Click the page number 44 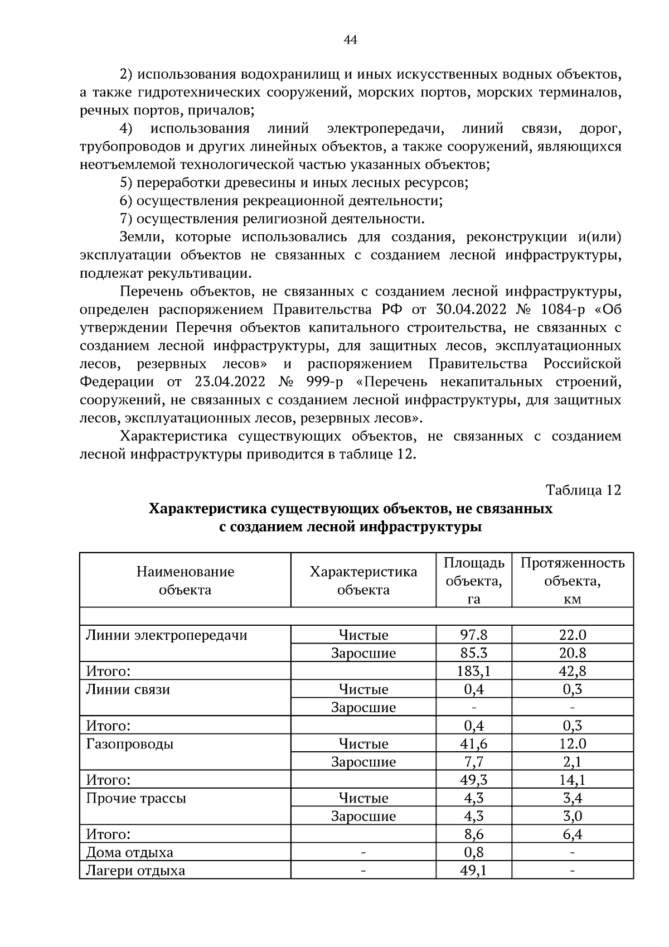(x=350, y=40)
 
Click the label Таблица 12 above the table (x=583, y=490)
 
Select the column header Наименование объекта (x=185, y=581)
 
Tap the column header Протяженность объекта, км (x=573, y=581)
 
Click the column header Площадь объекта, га (x=474, y=581)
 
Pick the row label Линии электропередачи (x=166, y=635)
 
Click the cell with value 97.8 (x=474, y=635)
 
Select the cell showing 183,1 (x=474, y=671)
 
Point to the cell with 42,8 (x=573, y=671)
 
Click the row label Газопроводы (x=129, y=744)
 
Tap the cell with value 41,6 (x=474, y=744)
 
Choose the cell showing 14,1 (x=573, y=780)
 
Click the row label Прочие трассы (x=136, y=798)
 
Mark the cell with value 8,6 (x=474, y=834)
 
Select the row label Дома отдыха (x=129, y=853)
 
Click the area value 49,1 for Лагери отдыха (x=474, y=871)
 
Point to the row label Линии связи (x=128, y=689)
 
